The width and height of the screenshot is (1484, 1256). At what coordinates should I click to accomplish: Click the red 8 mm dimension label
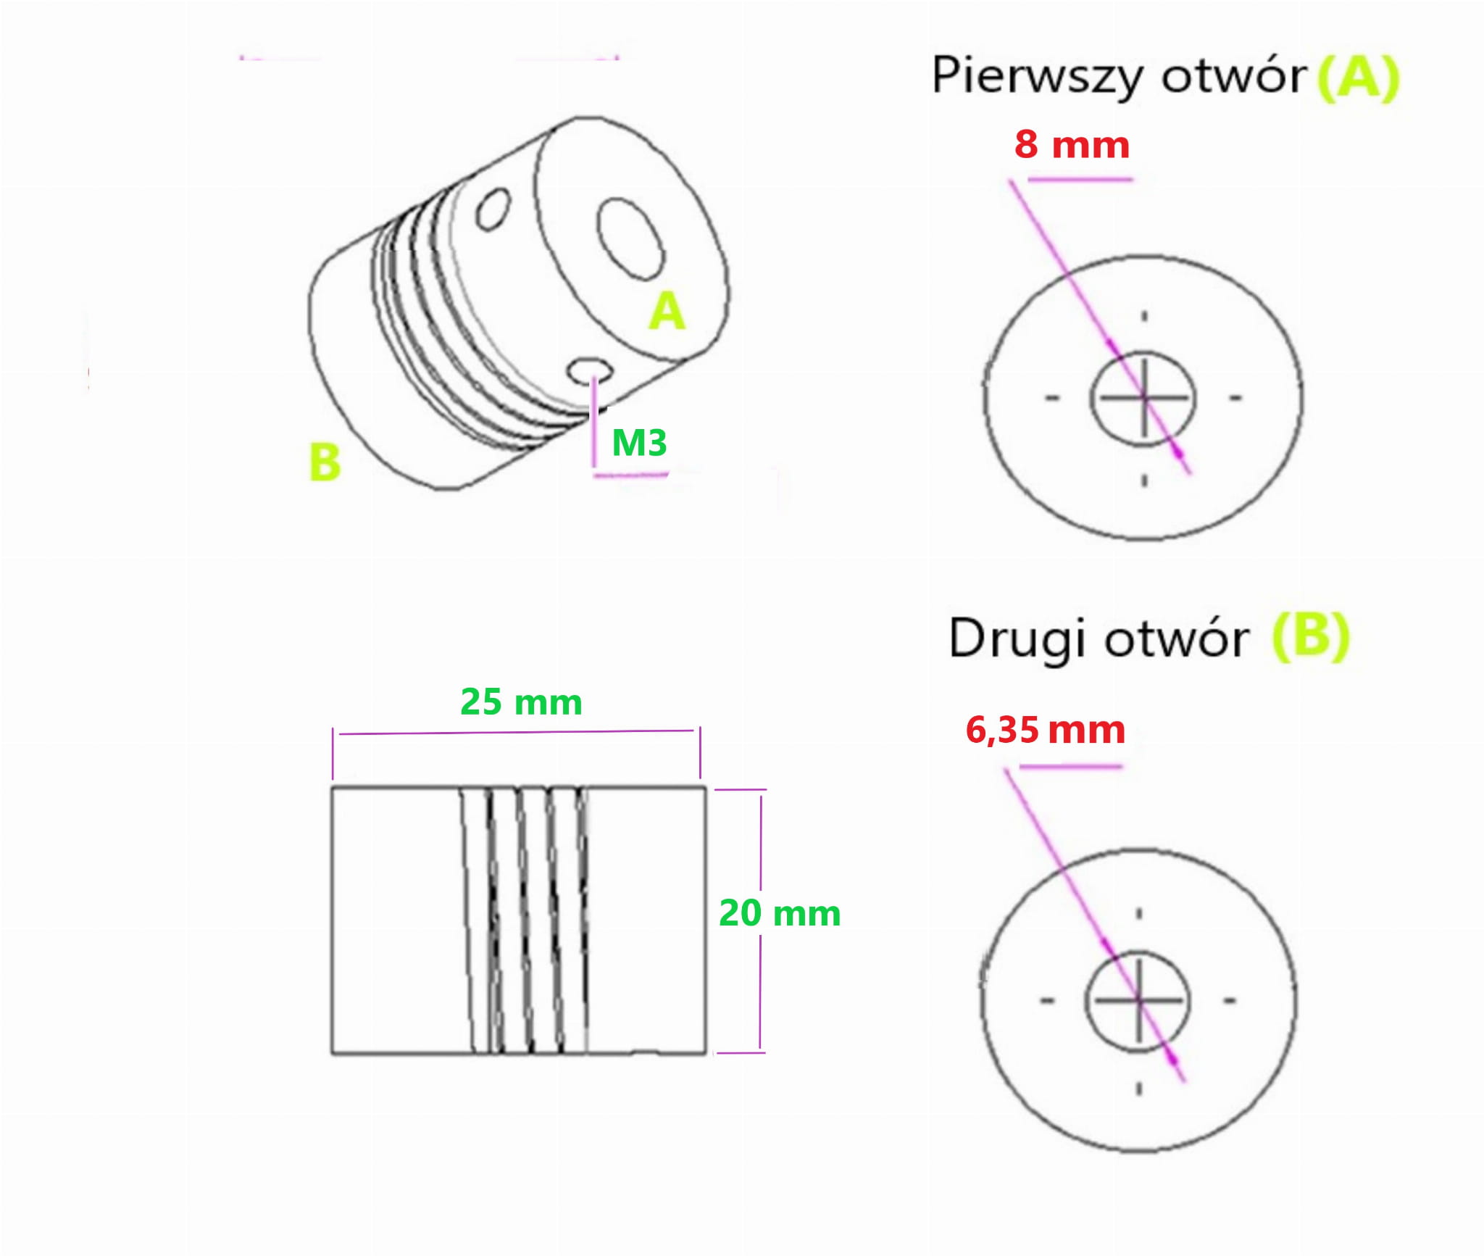[1072, 145]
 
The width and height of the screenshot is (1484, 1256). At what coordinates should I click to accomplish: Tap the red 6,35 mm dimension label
[1045, 730]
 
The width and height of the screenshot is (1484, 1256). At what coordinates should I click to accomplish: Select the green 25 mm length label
[521, 702]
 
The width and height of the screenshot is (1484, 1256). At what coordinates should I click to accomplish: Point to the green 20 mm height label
[780, 913]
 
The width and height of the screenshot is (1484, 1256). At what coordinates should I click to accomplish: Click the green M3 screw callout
[639, 443]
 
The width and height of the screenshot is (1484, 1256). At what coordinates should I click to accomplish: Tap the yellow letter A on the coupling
[667, 312]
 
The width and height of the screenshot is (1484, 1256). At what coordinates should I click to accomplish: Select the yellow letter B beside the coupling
[325, 462]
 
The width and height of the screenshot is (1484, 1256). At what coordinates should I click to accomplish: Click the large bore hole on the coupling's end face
[630, 239]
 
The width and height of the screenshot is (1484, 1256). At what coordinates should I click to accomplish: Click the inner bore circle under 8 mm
[1143, 398]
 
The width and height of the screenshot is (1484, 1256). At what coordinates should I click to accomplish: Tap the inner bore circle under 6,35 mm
[1138, 1001]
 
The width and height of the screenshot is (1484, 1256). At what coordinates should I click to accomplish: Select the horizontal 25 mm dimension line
[516, 732]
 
